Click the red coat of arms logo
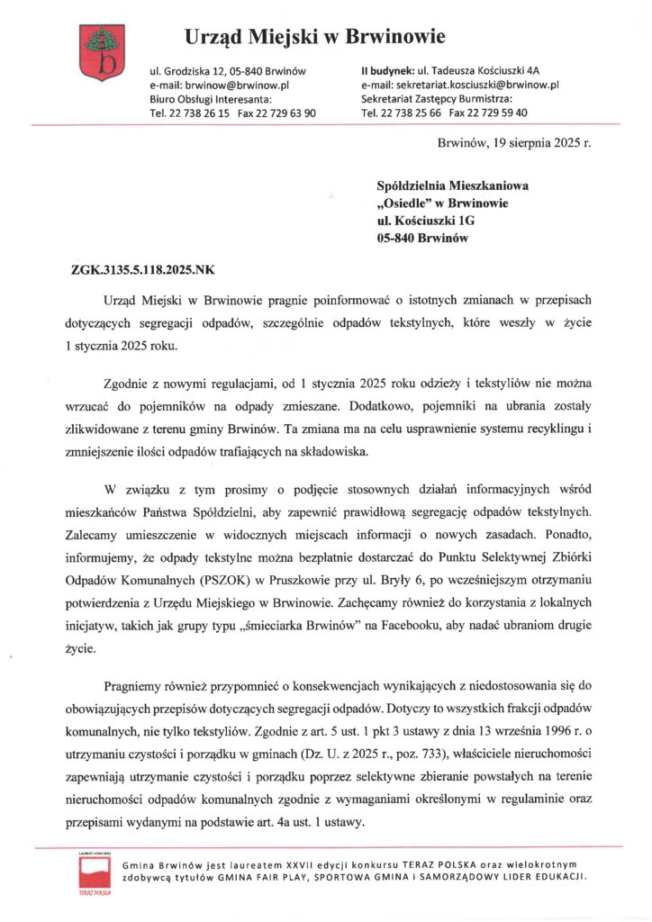point(98,51)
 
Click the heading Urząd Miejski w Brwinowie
point(315,37)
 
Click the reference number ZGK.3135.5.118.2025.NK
point(143,268)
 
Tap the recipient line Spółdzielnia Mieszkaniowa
point(453,185)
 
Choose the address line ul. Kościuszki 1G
point(427,221)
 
